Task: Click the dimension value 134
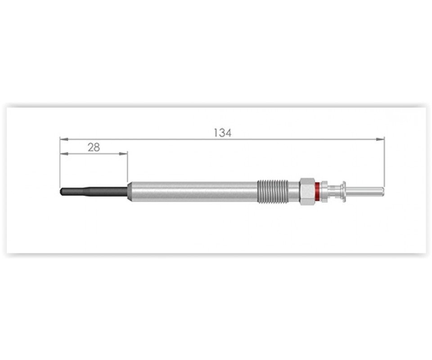pyautogui.click(x=223, y=133)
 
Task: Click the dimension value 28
pyautogui.click(x=94, y=148)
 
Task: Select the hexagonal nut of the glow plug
pyautogui.click(x=307, y=191)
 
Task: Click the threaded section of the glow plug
pyautogui.click(x=273, y=191)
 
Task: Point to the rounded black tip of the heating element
pyautogui.click(x=62, y=191)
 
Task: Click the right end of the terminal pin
pyautogui.click(x=383, y=191)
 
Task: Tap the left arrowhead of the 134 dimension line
pyautogui.click(x=64, y=139)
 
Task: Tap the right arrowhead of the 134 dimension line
pyautogui.click(x=380, y=139)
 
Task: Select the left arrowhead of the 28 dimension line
pyautogui.click(x=64, y=154)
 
